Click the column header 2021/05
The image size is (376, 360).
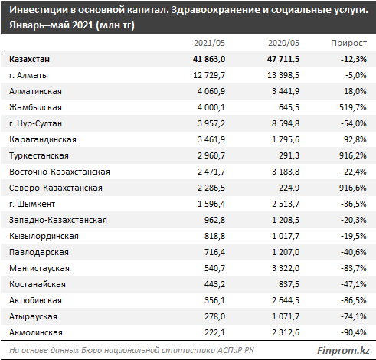click(x=209, y=43)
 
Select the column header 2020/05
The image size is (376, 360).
click(x=283, y=43)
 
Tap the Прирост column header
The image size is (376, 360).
click(x=349, y=43)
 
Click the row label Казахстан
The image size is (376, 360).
click(x=30, y=59)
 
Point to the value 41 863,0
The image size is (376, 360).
click(x=209, y=59)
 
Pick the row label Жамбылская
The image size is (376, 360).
click(x=35, y=107)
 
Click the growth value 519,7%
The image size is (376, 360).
click(x=353, y=107)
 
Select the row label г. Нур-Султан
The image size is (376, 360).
click(x=35, y=123)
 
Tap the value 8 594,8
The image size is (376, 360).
click(x=286, y=123)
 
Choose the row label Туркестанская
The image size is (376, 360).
click(x=39, y=155)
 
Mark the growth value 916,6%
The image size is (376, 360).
click(x=353, y=188)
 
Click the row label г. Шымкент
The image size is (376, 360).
click(x=32, y=204)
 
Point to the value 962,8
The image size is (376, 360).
click(x=214, y=220)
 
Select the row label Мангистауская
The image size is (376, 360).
click(x=39, y=268)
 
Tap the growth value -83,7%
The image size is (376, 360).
click(x=354, y=268)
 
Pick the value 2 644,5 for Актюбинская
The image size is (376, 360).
click(x=286, y=300)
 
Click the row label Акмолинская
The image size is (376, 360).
click(x=36, y=332)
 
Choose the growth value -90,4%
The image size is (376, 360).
click(x=354, y=332)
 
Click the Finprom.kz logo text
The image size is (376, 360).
click(x=343, y=350)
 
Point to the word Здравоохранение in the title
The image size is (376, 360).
click(x=214, y=10)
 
